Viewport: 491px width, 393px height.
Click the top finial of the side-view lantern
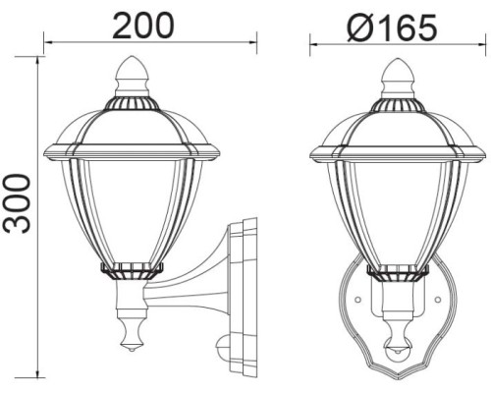point(130,73)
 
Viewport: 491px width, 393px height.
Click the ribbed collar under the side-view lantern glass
point(130,267)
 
